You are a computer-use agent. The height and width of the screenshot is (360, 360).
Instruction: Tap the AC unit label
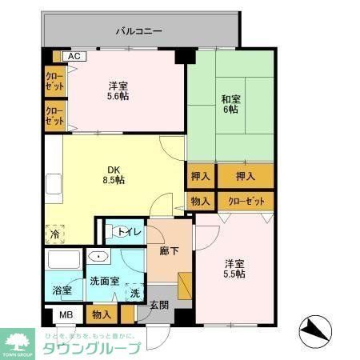[x=74, y=57]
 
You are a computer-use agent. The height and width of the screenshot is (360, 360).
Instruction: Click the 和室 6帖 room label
[x=230, y=104]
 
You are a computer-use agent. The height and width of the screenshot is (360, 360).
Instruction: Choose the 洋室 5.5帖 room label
[x=234, y=268]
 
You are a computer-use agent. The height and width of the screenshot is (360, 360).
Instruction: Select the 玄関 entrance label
[x=158, y=306]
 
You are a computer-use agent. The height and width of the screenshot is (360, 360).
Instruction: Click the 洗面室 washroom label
[x=105, y=281]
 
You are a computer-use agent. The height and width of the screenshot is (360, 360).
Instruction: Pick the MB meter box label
[x=66, y=315]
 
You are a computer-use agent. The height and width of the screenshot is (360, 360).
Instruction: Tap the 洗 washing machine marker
[x=135, y=292]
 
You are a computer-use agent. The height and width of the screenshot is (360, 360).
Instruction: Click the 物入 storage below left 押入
[x=200, y=202]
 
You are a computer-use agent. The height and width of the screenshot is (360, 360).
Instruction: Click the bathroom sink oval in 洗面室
[x=98, y=258]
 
